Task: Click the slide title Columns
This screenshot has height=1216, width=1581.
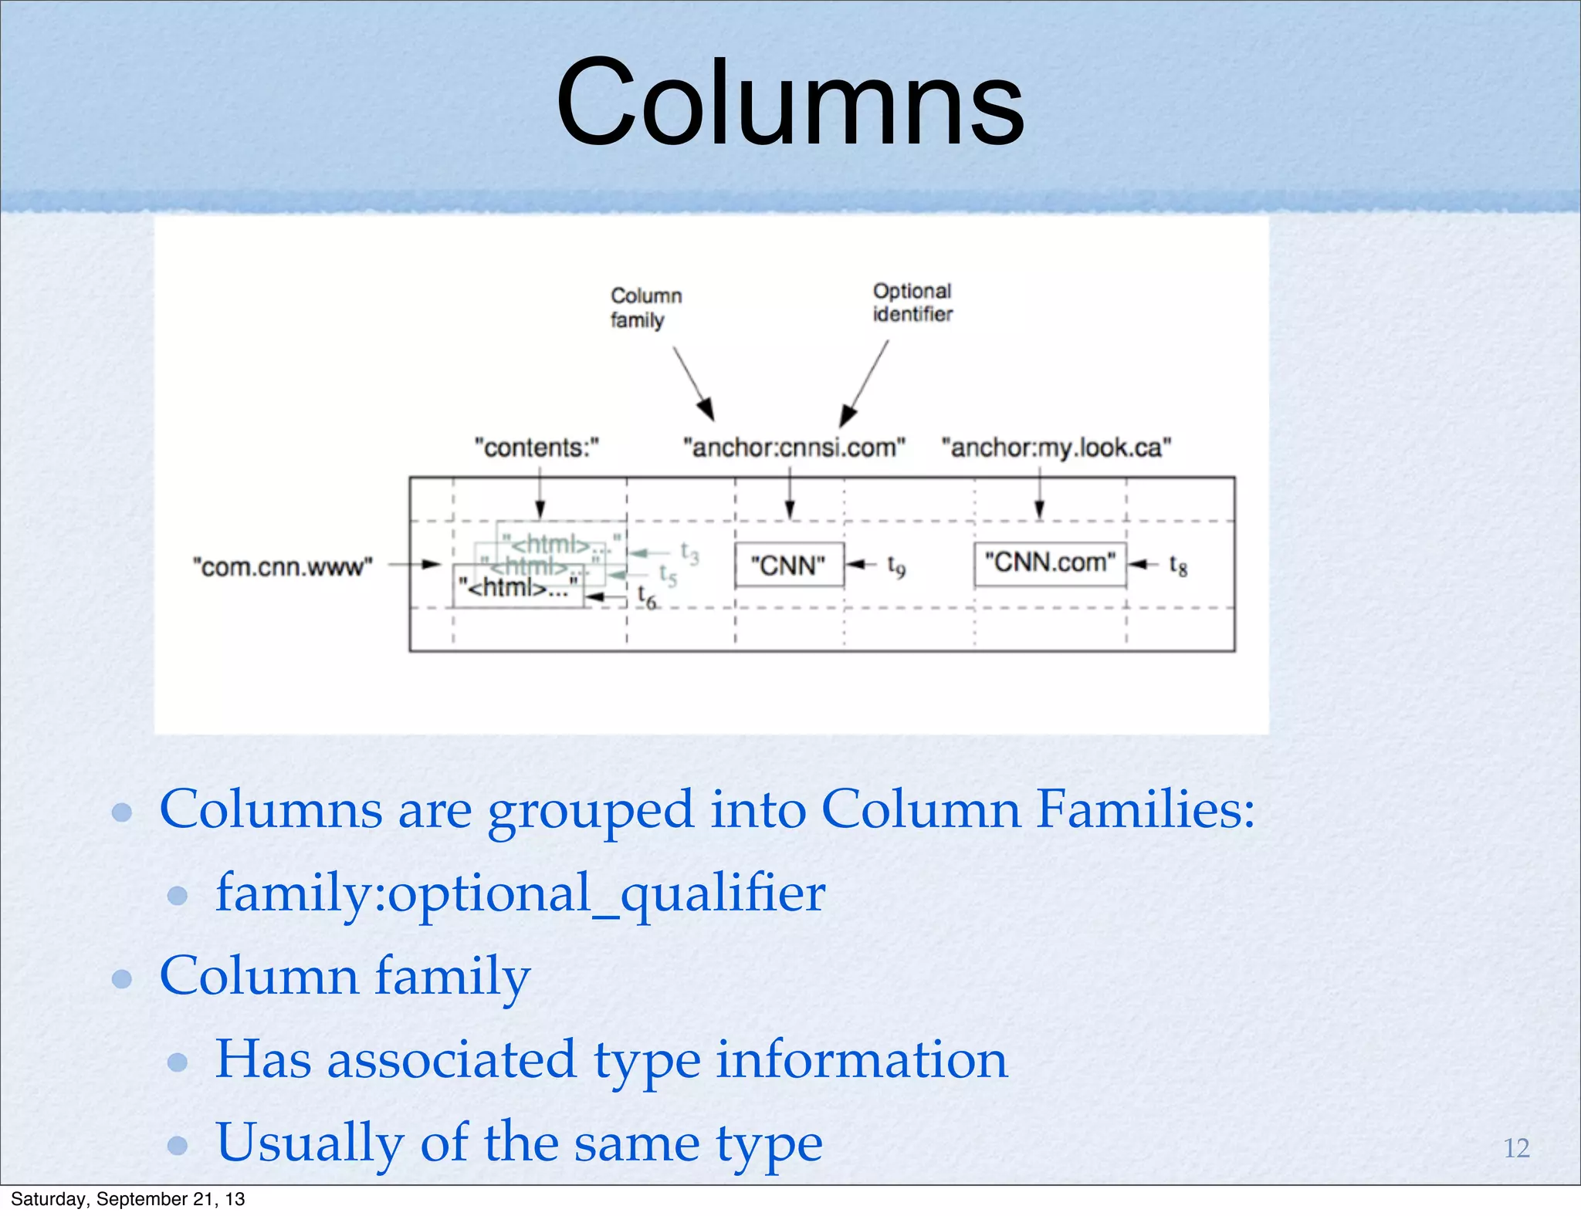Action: pyautogui.click(x=789, y=103)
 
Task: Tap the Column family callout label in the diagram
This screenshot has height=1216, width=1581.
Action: pyautogui.click(x=645, y=308)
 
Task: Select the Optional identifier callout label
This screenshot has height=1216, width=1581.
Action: pyautogui.click(x=912, y=302)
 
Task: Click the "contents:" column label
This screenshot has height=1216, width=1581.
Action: pyautogui.click(x=537, y=448)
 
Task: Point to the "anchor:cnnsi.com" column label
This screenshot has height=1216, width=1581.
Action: pyautogui.click(x=794, y=448)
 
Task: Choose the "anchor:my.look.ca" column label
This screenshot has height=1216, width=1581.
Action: pyautogui.click(x=1056, y=448)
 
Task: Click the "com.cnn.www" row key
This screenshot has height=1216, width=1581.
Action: pyautogui.click(x=283, y=567)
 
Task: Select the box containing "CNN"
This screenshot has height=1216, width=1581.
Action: pyautogui.click(x=788, y=566)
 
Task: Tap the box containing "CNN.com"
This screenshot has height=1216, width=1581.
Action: pyautogui.click(x=1049, y=563)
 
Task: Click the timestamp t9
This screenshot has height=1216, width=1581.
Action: pyautogui.click(x=896, y=566)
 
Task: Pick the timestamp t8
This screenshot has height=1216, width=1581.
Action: pyautogui.click(x=1178, y=566)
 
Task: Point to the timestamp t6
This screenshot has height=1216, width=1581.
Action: pyautogui.click(x=647, y=596)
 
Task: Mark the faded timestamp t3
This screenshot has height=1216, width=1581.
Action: pyautogui.click(x=689, y=552)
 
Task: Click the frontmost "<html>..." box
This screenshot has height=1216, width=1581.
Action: pyautogui.click(x=518, y=588)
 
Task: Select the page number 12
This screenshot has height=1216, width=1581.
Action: pyautogui.click(x=1516, y=1148)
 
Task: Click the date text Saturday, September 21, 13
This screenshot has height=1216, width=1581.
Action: pyautogui.click(x=127, y=1199)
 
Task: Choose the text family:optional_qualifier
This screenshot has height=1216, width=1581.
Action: pyautogui.click(x=520, y=893)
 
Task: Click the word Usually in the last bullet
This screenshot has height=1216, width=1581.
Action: pyautogui.click(x=309, y=1143)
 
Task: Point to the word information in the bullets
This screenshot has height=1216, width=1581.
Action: pyautogui.click(x=862, y=1059)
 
